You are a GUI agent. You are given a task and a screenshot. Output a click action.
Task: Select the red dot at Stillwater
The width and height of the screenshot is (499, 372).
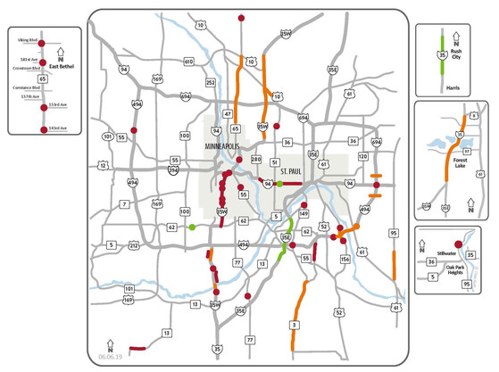458,244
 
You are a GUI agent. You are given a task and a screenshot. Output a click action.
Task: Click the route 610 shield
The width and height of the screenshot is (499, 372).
188,62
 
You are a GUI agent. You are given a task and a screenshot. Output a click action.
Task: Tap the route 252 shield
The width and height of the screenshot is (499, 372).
210,82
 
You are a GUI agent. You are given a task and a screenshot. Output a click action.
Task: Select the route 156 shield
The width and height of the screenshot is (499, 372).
345,259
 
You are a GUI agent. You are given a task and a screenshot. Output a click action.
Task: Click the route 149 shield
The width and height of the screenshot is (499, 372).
304,214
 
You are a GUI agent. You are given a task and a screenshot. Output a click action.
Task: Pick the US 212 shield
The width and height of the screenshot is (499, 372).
133,245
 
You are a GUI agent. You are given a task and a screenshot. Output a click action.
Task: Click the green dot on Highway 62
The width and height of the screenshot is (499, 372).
192,227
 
